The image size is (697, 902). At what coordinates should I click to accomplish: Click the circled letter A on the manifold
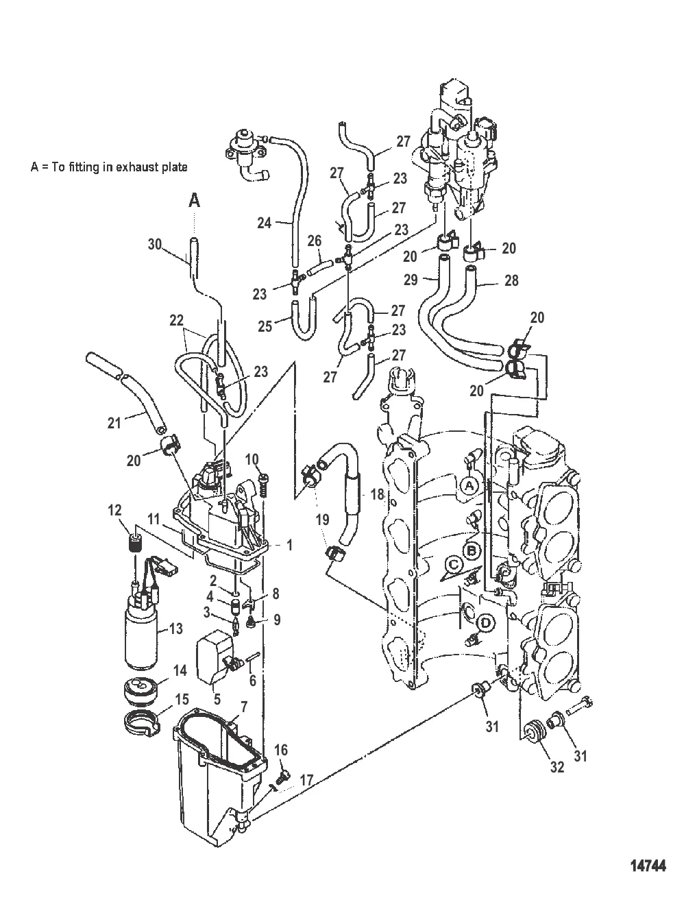468,486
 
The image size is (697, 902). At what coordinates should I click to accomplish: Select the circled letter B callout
471,550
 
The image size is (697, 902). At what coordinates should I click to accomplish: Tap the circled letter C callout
452,564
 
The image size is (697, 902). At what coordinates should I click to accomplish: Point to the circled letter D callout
486,623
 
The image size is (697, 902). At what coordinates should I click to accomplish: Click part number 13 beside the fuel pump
175,629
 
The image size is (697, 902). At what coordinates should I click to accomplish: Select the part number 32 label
557,767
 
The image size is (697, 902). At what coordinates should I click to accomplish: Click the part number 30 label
155,243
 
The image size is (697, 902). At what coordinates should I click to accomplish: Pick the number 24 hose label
265,222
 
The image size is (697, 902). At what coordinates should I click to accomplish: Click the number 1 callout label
290,546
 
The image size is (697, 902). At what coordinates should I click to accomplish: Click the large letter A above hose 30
195,200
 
